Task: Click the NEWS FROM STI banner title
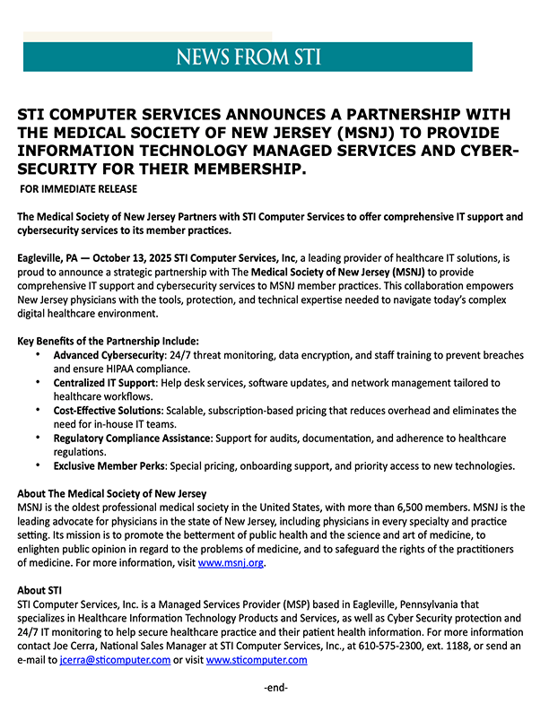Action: (x=248, y=57)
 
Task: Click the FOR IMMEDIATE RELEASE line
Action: (x=78, y=189)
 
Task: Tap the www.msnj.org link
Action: (x=231, y=563)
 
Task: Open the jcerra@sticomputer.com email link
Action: (x=115, y=660)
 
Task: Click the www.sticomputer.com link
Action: (x=257, y=660)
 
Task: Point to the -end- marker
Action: (x=275, y=688)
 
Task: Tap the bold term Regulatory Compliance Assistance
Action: (x=132, y=439)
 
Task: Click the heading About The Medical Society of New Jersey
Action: (x=112, y=494)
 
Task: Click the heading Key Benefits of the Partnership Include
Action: (x=109, y=341)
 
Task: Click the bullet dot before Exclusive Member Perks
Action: (x=38, y=466)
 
